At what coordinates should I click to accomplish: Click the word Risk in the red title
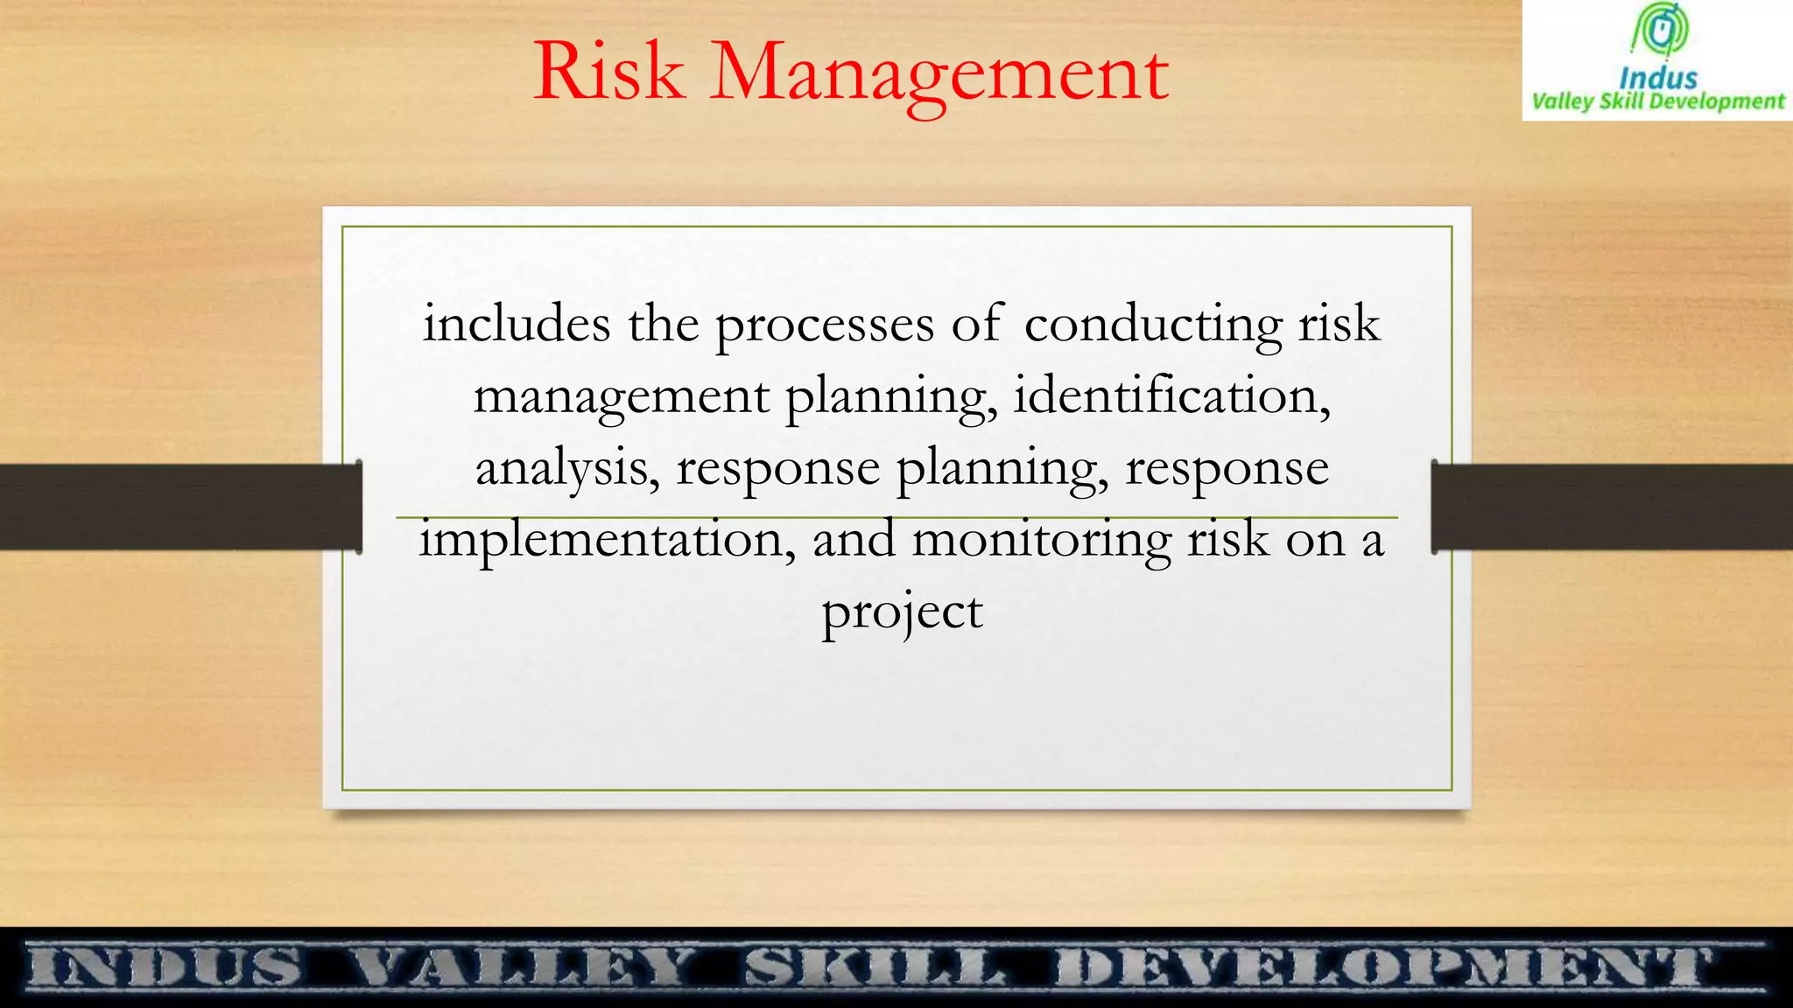(609, 72)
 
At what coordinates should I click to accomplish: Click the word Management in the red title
(939, 73)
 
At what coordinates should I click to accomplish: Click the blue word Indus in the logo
(1658, 79)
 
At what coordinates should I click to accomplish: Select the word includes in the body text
(517, 324)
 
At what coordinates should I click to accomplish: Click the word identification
(1171, 396)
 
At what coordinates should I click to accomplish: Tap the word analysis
(566, 468)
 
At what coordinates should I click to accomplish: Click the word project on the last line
(902, 612)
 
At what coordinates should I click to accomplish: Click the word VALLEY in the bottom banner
(523, 968)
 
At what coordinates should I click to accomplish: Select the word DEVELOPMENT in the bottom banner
(1383, 968)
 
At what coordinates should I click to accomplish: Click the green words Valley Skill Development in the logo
(1657, 101)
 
